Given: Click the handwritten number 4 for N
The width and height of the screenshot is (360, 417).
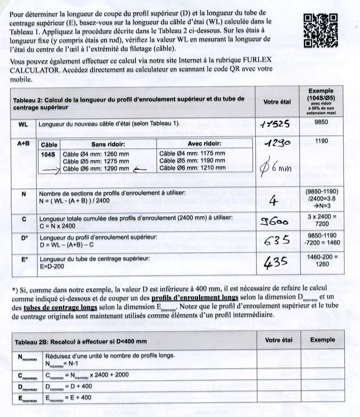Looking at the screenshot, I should click(x=274, y=202).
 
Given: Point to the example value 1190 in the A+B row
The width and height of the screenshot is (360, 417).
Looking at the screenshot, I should click(x=321, y=141).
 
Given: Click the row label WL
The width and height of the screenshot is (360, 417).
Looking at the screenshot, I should click(x=23, y=124).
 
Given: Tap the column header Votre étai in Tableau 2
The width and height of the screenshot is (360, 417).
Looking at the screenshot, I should click(x=277, y=101).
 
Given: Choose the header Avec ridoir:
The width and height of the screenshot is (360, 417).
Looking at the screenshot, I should click(x=192, y=144).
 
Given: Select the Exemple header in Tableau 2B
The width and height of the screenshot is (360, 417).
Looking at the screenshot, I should click(x=322, y=339).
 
